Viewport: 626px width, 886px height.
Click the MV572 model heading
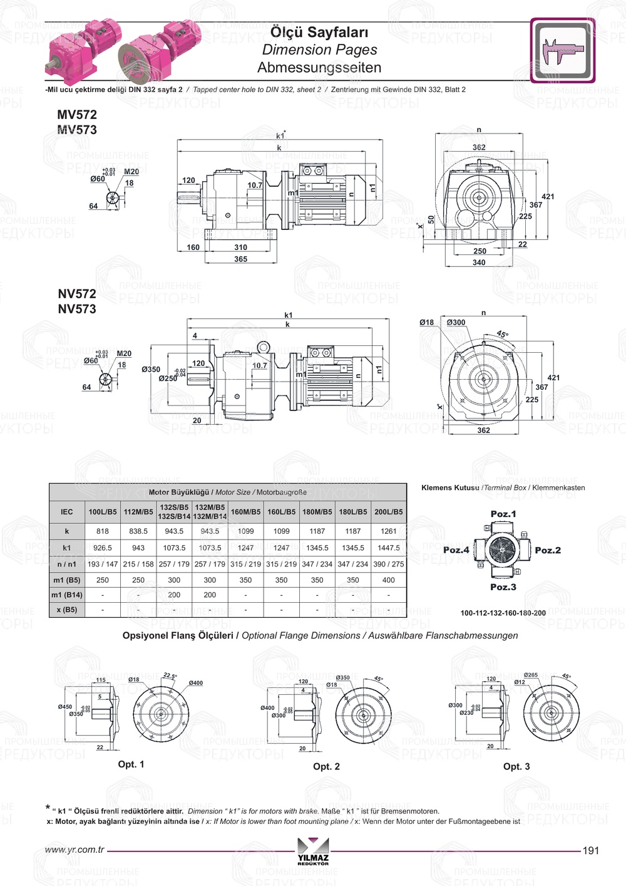click(77, 115)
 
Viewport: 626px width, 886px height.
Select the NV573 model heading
click(77, 309)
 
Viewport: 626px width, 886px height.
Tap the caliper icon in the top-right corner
click(562, 50)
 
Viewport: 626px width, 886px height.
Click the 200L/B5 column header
click(389, 512)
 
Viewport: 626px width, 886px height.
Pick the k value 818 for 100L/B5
click(103, 531)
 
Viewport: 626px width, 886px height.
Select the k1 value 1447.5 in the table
click(389, 548)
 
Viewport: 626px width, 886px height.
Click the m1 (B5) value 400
click(389, 580)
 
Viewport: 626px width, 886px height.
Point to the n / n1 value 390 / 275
click(389, 564)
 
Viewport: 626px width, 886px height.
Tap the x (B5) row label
click(66, 610)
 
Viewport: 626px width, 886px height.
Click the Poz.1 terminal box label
click(503, 514)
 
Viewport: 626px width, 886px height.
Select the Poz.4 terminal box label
click(456, 550)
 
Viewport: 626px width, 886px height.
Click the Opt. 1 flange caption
click(131, 764)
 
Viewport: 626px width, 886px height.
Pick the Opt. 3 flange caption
click(516, 766)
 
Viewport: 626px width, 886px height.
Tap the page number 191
click(591, 851)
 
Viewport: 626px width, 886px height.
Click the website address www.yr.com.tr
click(74, 850)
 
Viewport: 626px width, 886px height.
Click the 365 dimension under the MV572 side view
click(241, 259)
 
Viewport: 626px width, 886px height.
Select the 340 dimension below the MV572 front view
click(479, 263)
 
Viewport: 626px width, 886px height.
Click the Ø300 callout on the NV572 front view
click(456, 323)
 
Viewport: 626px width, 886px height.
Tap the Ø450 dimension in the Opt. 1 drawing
click(65, 707)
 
